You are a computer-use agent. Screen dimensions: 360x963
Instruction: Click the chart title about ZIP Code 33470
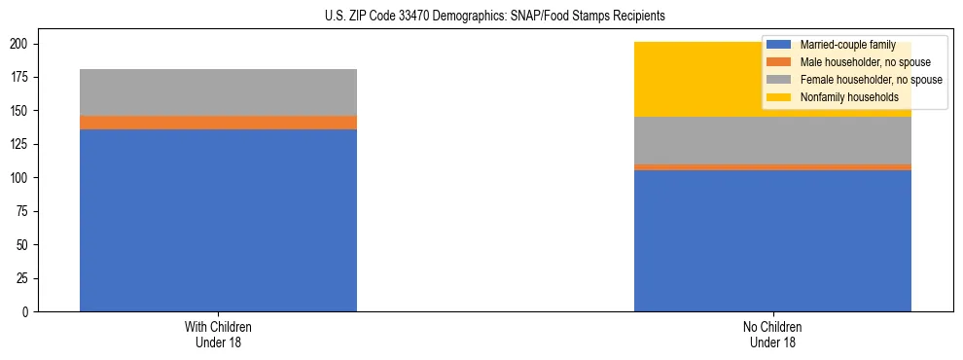495,17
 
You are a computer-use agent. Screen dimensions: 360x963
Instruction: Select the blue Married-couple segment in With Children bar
218,220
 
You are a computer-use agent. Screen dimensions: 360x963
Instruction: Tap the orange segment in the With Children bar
218,123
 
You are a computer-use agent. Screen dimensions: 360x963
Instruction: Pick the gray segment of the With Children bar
218,92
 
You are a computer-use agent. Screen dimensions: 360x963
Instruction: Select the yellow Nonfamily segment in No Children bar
681,80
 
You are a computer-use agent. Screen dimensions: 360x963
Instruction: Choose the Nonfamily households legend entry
848,97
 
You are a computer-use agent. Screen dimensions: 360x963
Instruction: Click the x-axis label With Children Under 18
218,335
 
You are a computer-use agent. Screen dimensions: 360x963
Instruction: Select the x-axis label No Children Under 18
772,335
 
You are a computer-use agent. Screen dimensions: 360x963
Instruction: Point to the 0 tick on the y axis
26,312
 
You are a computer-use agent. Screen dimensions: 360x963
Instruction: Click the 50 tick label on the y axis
23,245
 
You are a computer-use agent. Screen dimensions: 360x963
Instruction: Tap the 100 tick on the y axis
20,178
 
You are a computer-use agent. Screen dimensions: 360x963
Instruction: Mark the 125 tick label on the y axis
20,145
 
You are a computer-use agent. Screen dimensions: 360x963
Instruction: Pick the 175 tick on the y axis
20,78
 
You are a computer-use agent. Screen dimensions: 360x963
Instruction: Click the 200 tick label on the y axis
20,45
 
